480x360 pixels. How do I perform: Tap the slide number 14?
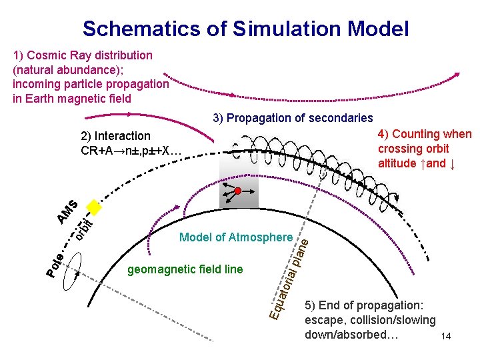click(446, 337)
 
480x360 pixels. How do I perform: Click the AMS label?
click(67, 212)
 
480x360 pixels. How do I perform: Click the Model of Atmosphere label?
click(236, 237)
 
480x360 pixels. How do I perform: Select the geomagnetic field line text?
click(185, 269)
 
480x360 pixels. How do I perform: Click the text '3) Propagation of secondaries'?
click(293, 118)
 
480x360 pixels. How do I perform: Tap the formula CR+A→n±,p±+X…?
click(131, 150)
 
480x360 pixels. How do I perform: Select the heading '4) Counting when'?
click(424, 135)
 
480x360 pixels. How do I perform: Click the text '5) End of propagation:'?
click(363, 306)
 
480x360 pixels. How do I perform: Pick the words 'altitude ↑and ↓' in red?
click(417, 163)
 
